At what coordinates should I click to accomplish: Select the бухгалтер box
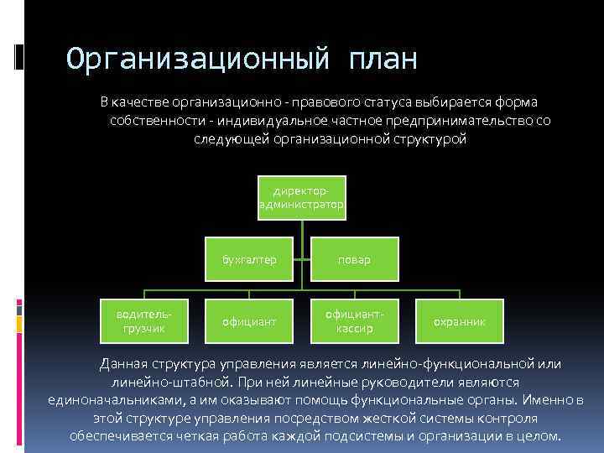click(x=249, y=259)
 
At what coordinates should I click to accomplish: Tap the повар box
click(x=354, y=259)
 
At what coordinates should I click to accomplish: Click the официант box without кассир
click(x=249, y=321)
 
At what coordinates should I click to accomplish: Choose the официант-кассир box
click(x=354, y=320)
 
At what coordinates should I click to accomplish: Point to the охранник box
click(x=459, y=321)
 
